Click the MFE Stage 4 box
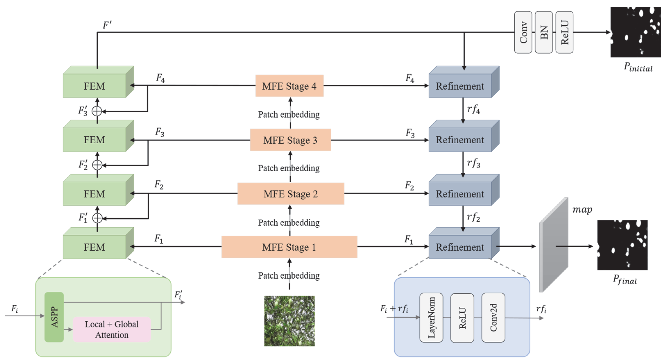pyautogui.click(x=289, y=86)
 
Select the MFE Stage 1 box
pyautogui.click(x=289, y=247)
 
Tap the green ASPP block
pyautogui.click(x=54, y=317)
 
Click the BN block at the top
pyautogui.click(x=544, y=32)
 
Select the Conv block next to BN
pyautogui.click(x=523, y=32)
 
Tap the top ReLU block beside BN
pyautogui.click(x=564, y=32)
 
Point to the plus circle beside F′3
pyautogui.click(x=97, y=111)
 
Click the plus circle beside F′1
pyautogui.click(x=97, y=218)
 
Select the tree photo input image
pyautogui.click(x=289, y=321)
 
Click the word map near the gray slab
pyautogui.click(x=582, y=209)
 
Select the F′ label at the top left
pyautogui.click(x=107, y=25)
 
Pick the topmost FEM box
pyautogui.click(x=94, y=86)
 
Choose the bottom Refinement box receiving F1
pyautogui.click(x=460, y=247)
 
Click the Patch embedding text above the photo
pyautogui.click(x=289, y=275)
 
